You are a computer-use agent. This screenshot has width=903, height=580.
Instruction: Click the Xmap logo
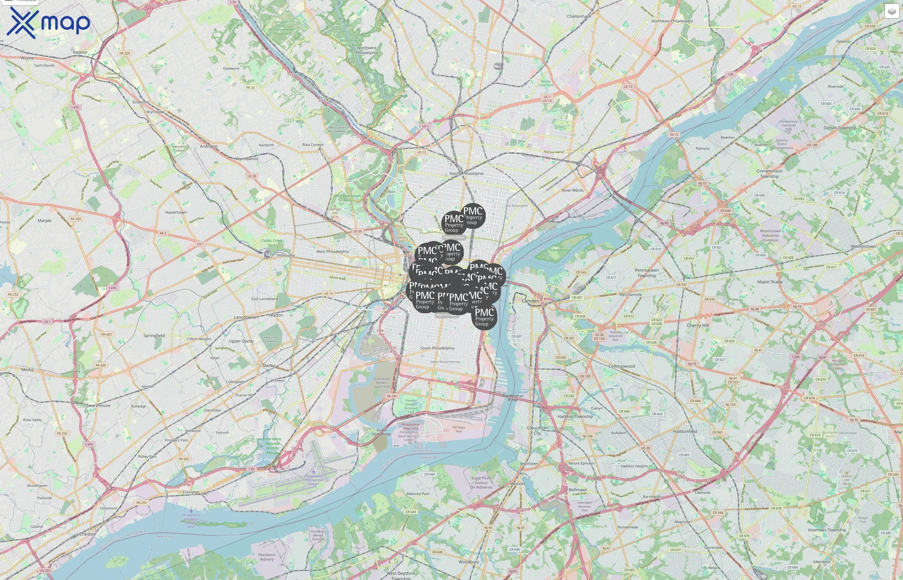[48, 23]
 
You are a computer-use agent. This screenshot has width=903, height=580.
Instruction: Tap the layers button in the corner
[891, 11]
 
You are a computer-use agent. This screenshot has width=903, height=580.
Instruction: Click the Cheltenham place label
[579, 16]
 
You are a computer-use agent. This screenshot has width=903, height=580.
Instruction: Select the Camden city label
[530, 301]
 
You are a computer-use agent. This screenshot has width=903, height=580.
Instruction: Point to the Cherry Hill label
[698, 325]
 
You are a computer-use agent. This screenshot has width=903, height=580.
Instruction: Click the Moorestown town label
[863, 246]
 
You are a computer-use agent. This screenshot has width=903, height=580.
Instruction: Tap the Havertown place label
[176, 212]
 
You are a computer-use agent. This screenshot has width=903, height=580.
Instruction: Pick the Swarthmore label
[98, 406]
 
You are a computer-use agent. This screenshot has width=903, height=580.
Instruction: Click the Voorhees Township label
[827, 530]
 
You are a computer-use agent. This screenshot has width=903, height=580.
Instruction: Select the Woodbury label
[469, 562]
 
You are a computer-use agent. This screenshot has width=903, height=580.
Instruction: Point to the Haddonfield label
[685, 431]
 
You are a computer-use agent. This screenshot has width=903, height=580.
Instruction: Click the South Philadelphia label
[437, 348]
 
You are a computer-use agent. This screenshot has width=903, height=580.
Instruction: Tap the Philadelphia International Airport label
[314, 480]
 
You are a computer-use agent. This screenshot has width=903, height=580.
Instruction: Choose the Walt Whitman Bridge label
[512, 397]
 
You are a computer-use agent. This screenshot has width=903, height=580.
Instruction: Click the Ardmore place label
[209, 147]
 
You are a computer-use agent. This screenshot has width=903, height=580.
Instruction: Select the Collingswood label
[621, 366]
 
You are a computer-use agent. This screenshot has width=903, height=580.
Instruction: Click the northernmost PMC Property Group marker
[473, 216]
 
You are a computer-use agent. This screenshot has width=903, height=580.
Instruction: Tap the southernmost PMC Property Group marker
[484, 317]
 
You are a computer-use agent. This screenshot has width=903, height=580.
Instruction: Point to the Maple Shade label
[770, 282]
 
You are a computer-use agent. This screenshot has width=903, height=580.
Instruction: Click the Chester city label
[87, 534]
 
